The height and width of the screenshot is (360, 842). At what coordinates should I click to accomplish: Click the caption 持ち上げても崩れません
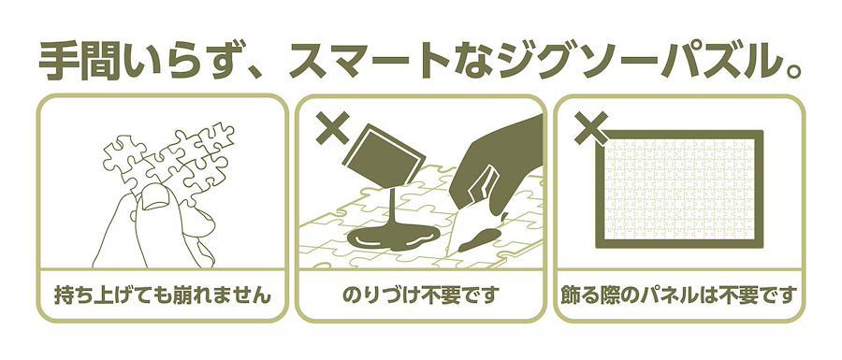click(x=163, y=295)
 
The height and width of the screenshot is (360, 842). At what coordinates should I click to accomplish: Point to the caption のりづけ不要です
click(x=420, y=295)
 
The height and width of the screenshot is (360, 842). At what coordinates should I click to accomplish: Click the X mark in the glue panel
click(x=333, y=128)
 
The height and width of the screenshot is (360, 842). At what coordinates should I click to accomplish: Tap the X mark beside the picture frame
click(x=591, y=128)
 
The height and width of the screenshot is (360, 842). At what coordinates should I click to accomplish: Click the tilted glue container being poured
click(x=384, y=154)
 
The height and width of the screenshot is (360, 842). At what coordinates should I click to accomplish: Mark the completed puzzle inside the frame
click(x=679, y=189)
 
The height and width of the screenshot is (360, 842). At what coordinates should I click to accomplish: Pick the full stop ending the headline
click(x=787, y=72)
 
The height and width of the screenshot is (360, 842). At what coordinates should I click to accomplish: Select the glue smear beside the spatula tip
click(x=482, y=239)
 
